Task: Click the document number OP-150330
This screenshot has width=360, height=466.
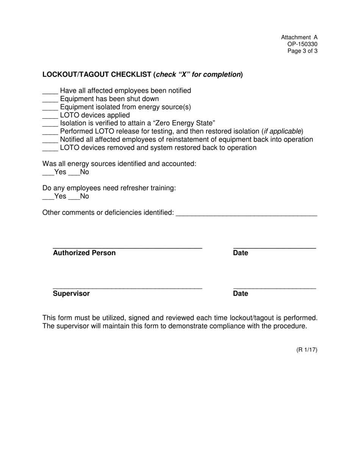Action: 302,44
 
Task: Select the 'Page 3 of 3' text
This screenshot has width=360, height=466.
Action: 302,51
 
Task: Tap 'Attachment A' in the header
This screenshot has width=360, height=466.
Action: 299,37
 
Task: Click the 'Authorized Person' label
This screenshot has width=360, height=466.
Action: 84,253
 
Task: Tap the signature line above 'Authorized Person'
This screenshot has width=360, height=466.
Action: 127,247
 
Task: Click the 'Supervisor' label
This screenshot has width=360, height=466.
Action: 71,294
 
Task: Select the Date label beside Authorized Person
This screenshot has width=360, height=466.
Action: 241,253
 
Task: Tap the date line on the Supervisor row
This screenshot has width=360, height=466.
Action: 274,288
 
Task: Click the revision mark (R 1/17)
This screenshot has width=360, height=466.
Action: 307,350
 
